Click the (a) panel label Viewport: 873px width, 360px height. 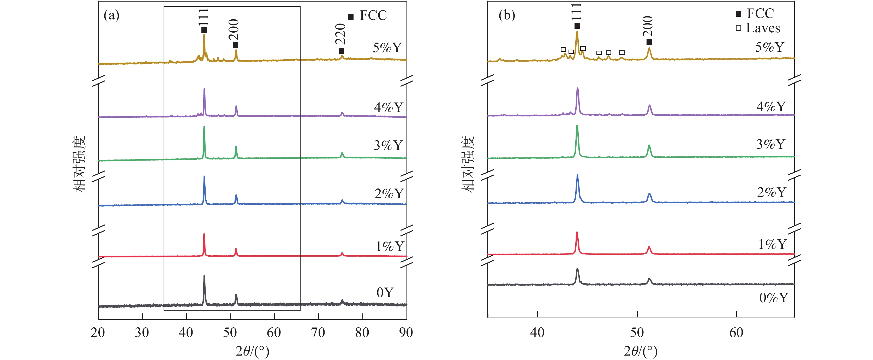coord(111,16)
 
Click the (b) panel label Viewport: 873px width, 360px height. coord(507,16)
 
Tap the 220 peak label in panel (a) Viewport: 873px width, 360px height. coord(340,34)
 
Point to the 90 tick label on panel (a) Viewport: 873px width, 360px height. coord(406,333)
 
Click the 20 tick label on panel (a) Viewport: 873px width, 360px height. coord(98,333)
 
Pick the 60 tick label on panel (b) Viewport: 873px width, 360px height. coord(736,333)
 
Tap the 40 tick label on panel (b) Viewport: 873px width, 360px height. coord(537,333)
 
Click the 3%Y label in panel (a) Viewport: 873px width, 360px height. coord(388,145)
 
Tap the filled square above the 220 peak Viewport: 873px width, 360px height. coord(341,51)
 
